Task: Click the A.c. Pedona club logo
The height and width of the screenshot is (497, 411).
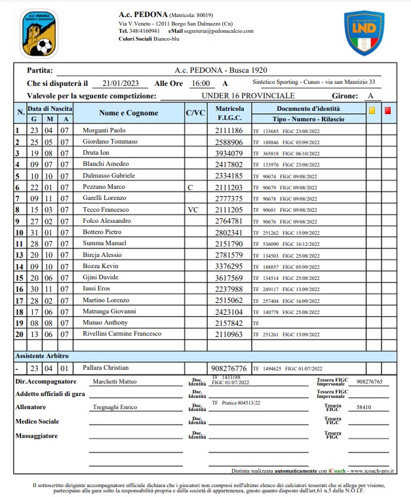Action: pyautogui.click(x=38, y=32)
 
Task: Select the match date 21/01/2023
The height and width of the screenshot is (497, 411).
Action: pyautogui.click(x=121, y=83)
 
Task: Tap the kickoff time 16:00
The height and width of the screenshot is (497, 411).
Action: pyautogui.click(x=201, y=83)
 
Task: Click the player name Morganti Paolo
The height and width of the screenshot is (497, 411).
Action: pyautogui.click(x=104, y=130)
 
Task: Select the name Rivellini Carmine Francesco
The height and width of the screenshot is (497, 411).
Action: pyautogui.click(x=121, y=334)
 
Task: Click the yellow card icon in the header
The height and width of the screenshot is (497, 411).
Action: pyautogui.click(x=372, y=111)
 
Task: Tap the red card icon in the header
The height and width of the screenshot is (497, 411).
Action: pyautogui.click(x=388, y=111)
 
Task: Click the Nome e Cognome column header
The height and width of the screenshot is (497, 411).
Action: pyautogui.click(x=128, y=113)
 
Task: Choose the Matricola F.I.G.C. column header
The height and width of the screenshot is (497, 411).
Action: pyautogui.click(x=229, y=113)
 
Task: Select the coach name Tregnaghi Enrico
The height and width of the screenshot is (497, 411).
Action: pyautogui.click(x=115, y=407)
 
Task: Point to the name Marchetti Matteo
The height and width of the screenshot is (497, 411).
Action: pyautogui.click(x=115, y=381)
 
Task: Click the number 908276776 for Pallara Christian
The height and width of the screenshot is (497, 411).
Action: pyautogui.click(x=227, y=368)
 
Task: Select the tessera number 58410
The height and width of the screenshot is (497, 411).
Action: pyautogui.click(x=364, y=407)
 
